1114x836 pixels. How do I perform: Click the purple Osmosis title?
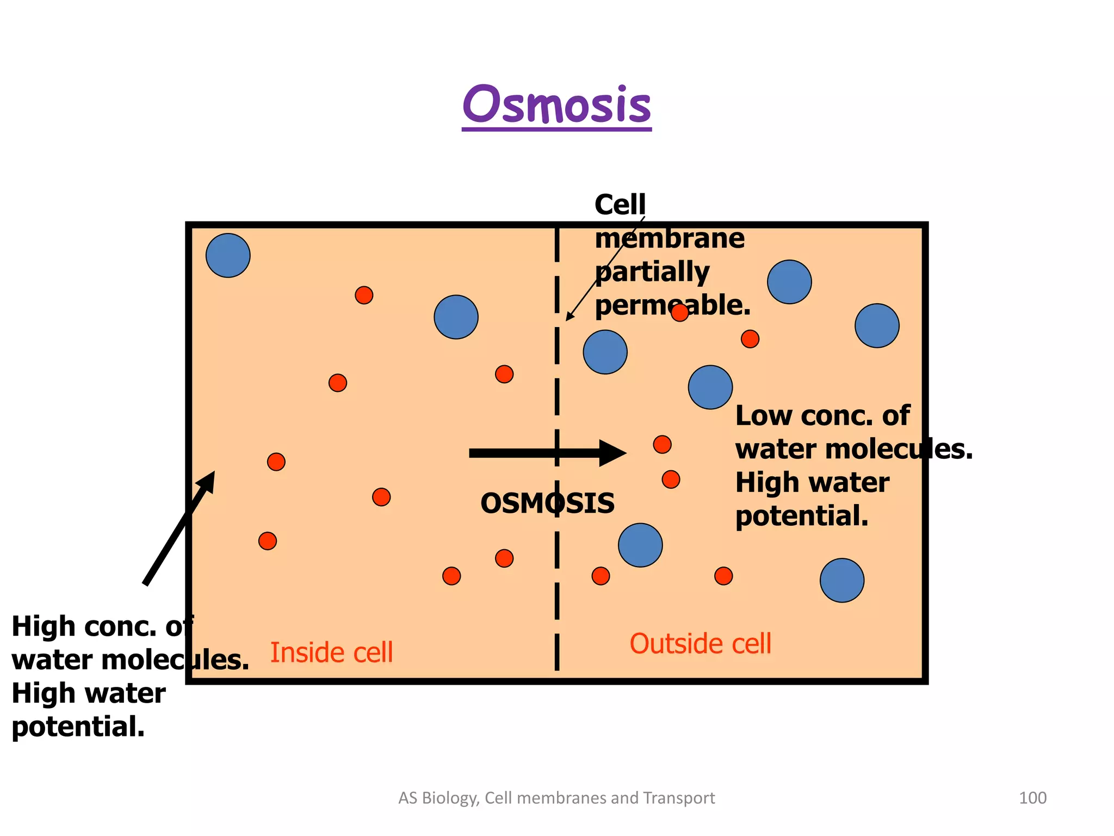pyautogui.click(x=556, y=104)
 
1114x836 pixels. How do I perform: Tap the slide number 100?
pyautogui.click(x=1032, y=798)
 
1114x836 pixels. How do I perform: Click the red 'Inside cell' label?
pyautogui.click(x=331, y=652)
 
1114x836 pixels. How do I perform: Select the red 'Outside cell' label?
pyautogui.click(x=700, y=643)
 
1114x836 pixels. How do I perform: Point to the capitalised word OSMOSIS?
pyautogui.click(x=547, y=503)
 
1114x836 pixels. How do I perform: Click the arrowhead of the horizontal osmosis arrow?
pyautogui.click(x=614, y=453)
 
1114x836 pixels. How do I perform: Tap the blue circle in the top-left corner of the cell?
pyautogui.click(x=228, y=255)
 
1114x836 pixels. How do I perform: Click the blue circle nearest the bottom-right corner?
pyautogui.click(x=841, y=580)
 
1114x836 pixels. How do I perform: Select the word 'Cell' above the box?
pyautogui.click(x=620, y=205)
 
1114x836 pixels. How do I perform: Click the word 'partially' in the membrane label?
pyautogui.click(x=652, y=272)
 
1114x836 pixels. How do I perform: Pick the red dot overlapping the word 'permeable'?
pyautogui.click(x=679, y=312)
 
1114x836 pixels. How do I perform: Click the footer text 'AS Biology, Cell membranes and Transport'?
pyautogui.click(x=556, y=798)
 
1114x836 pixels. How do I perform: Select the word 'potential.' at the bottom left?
pyautogui.click(x=78, y=727)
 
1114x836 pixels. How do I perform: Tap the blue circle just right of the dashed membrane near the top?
pyautogui.click(x=605, y=352)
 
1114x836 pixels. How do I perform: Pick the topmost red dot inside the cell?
pyautogui.click(x=364, y=295)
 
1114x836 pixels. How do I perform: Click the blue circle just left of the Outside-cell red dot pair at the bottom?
pyautogui.click(x=640, y=545)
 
